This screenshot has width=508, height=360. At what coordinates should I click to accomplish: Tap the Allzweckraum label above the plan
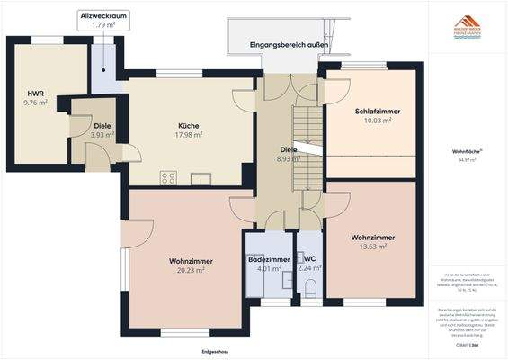[x=103, y=16]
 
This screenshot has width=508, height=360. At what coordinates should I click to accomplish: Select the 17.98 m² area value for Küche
[x=189, y=135]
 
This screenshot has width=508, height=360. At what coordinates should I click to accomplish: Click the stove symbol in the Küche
[x=168, y=177]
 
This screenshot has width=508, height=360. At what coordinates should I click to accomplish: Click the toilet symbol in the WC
[x=310, y=289]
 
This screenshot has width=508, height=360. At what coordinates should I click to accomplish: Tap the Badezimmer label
[x=269, y=259]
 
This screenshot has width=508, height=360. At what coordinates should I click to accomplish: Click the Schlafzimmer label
[x=370, y=111]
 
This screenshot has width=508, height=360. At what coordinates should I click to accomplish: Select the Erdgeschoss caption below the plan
[x=214, y=350]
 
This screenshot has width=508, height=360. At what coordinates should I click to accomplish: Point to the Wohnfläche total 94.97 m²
[x=466, y=158]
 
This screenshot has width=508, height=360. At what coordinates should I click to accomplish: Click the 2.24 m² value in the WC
[x=311, y=268]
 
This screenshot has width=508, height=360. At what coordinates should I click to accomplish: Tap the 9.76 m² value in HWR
[x=36, y=103]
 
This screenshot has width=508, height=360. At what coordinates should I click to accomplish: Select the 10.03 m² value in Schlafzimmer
[x=370, y=121]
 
